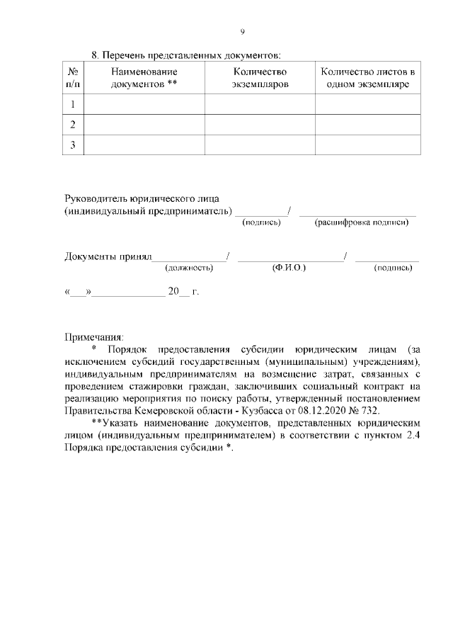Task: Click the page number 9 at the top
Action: (x=242, y=31)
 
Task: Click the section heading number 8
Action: (x=96, y=55)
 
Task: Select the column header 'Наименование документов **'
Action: (x=144, y=78)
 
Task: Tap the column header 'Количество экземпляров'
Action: (x=260, y=78)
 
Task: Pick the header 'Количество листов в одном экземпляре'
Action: (x=367, y=78)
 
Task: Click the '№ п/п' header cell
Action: (x=73, y=78)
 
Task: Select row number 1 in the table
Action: (x=73, y=104)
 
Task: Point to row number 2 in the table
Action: (x=73, y=125)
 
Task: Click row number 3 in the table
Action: (x=73, y=145)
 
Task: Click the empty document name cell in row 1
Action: (x=144, y=104)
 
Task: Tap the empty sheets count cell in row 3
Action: (x=367, y=145)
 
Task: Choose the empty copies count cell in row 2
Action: (x=260, y=125)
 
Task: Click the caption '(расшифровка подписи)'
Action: (x=362, y=222)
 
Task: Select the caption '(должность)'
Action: (x=189, y=268)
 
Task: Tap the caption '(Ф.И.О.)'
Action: (x=288, y=268)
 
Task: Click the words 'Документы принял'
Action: (x=108, y=256)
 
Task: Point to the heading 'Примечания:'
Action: (x=94, y=336)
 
